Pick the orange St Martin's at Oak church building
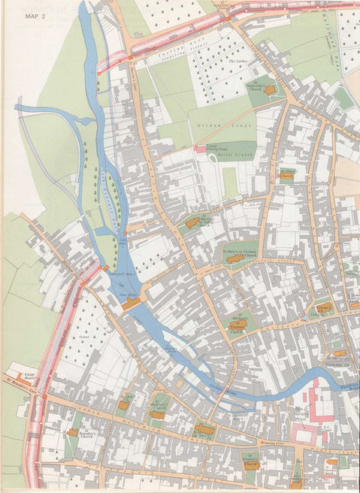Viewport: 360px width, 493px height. click(x=192, y=222)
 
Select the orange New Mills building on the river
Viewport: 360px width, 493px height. click(x=132, y=303)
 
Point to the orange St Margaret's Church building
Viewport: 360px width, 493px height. click(x=157, y=414)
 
